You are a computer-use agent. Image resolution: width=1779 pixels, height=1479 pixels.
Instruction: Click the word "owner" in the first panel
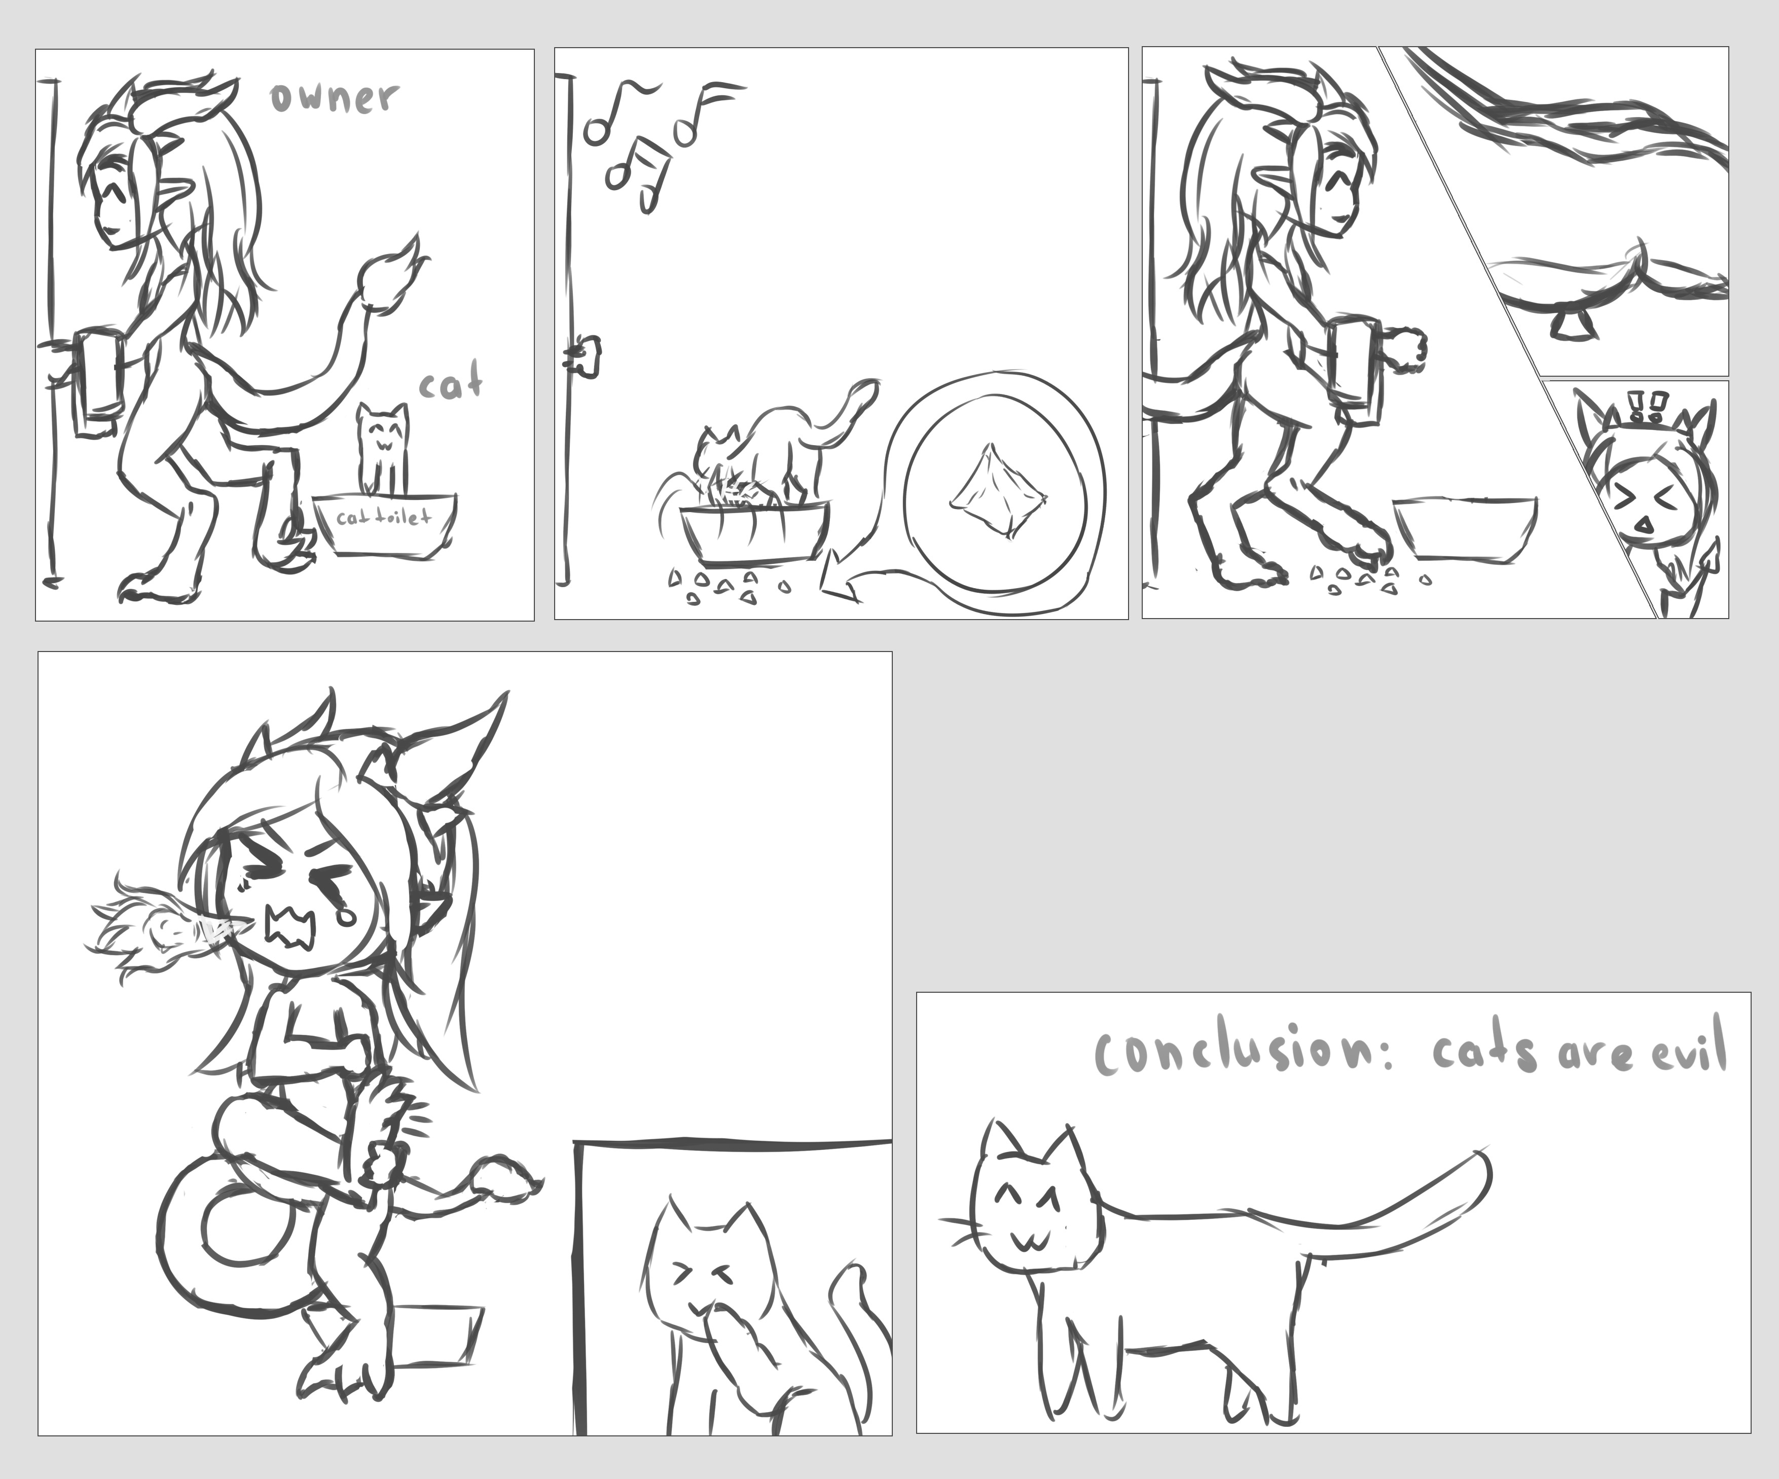334,97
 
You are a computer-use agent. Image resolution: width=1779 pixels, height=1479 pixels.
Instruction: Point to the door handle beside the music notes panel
585,354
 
